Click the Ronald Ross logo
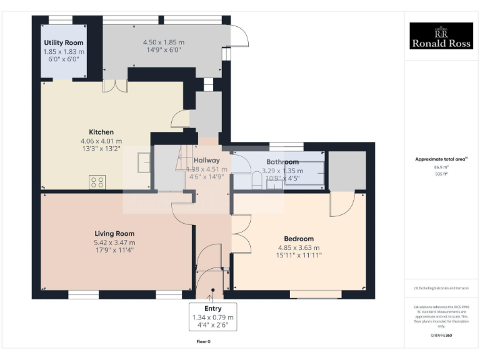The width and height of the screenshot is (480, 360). point(441,36)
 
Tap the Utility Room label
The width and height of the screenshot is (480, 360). point(64,42)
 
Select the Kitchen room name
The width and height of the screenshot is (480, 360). point(101,132)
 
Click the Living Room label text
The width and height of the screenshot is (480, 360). point(114,234)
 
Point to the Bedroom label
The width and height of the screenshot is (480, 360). point(299,239)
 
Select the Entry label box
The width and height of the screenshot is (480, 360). point(213,317)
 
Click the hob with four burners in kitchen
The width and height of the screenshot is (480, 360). point(97,182)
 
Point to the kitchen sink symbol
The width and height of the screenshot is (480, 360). point(144,162)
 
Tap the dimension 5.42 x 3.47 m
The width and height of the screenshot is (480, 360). point(114,242)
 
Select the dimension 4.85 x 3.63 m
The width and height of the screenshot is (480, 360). point(299,247)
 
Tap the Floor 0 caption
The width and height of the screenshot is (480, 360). point(204,342)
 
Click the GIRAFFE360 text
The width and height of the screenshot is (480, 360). point(441,336)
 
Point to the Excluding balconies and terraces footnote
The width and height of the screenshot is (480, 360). point(441,288)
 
